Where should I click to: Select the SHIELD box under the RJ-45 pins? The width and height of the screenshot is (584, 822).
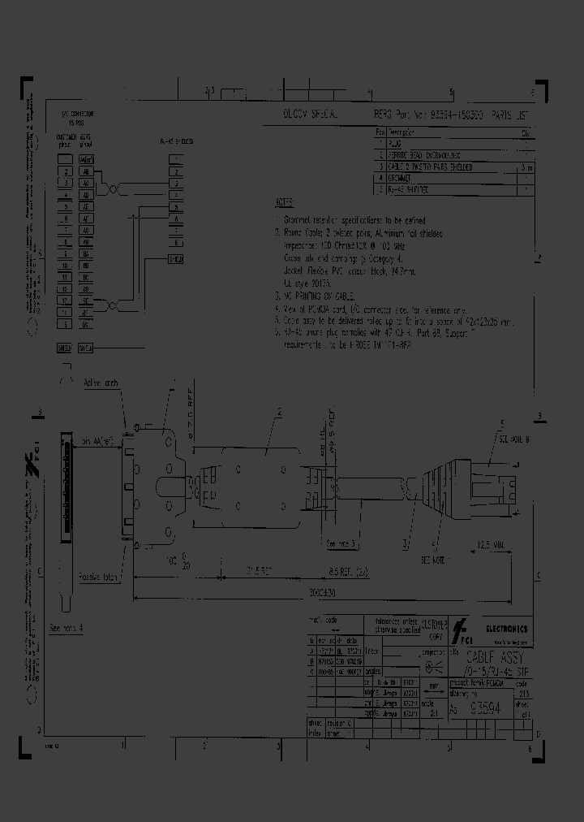pos(174,259)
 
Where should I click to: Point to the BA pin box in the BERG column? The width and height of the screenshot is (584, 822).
pos(86,253)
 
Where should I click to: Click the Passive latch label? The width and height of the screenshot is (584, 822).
pos(99,577)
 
